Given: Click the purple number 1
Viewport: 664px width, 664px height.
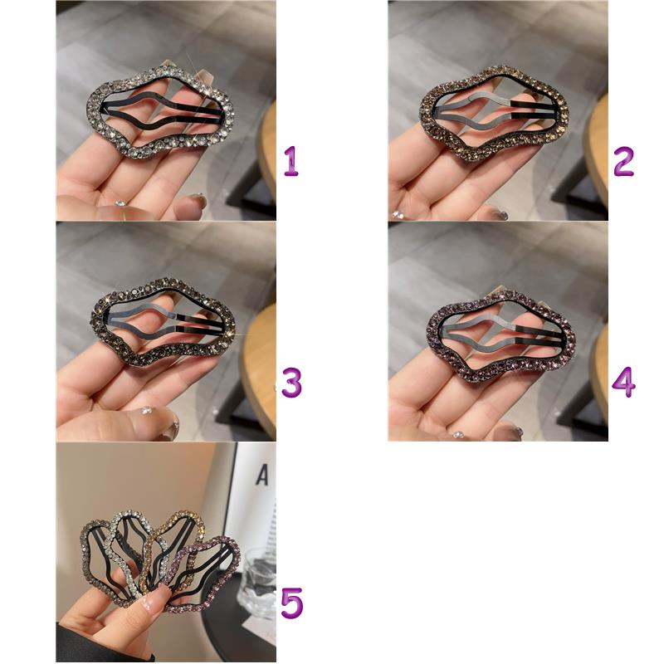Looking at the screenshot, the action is pyautogui.click(x=291, y=161).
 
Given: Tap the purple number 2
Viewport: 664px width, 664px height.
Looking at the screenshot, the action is pyautogui.click(x=624, y=161).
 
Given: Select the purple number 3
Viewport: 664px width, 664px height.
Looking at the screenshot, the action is pyautogui.click(x=292, y=383).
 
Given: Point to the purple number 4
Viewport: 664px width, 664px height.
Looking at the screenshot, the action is pyautogui.click(x=624, y=383).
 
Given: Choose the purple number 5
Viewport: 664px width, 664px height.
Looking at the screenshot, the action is pyautogui.click(x=292, y=603).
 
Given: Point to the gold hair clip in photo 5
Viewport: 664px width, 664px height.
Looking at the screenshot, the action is pyautogui.click(x=199, y=523).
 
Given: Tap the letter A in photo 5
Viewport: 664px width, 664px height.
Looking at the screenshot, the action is pyautogui.click(x=262, y=475).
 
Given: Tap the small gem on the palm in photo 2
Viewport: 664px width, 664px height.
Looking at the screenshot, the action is pyautogui.click(x=398, y=215).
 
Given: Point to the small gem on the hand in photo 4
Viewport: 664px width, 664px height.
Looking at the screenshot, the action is pyautogui.click(x=457, y=434).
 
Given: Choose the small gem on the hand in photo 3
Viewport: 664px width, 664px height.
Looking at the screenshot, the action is pyautogui.click(x=146, y=410).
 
